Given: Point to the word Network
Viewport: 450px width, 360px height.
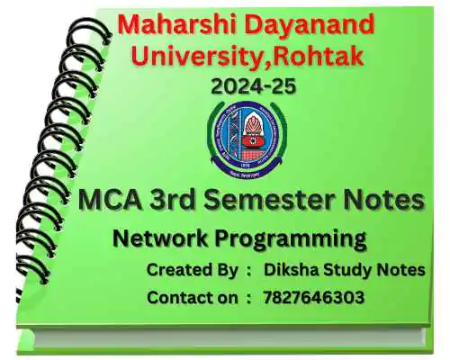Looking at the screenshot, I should (158, 239).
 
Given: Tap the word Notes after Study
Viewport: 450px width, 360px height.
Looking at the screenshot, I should (402, 270).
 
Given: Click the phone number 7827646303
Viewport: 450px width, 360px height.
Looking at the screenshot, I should (313, 297).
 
